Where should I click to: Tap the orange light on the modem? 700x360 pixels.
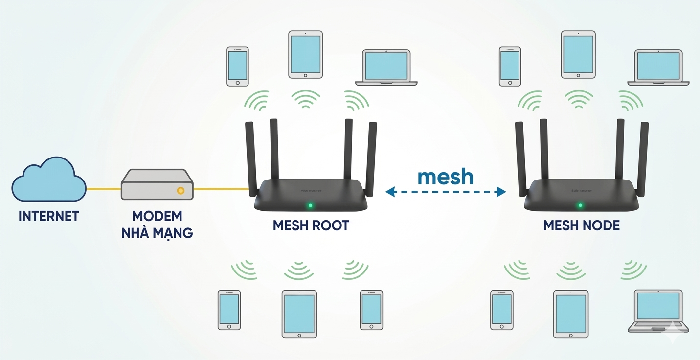(x=181, y=190)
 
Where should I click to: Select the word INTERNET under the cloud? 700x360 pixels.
(x=48, y=216)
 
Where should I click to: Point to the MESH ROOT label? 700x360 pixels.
(x=311, y=225)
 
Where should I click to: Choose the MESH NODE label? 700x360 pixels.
(x=582, y=225)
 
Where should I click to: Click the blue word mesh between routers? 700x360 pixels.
(x=445, y=177)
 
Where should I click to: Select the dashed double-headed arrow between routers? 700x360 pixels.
(x=445, y=192)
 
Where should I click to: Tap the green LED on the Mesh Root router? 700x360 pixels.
(x=310, y=206)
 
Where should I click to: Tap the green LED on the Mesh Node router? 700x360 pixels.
(x=580, y=206)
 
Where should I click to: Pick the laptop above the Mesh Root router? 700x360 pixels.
(x=386, y=67)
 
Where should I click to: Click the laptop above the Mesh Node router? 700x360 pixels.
(x=658, y=67)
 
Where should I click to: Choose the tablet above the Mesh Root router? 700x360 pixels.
(x=306, y=54)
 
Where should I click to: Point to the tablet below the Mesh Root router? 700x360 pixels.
(x=299, y=314)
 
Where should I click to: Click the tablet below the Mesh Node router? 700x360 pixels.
(x=570, y=314)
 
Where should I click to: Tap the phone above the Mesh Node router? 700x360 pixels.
(x=510, y=67)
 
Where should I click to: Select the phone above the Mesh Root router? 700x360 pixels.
(x=238, y=67)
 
